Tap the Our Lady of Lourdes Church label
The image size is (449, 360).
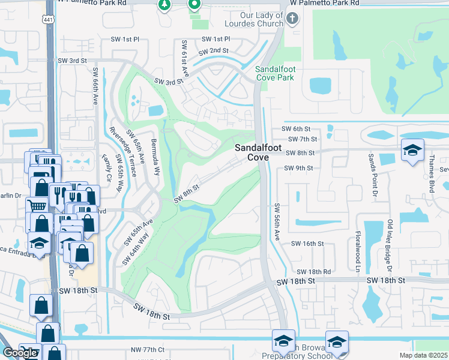coord(261,20)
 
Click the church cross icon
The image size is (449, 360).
coord(292,19)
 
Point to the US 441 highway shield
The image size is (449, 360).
coord(46,20)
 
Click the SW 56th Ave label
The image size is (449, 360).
coord(278,223)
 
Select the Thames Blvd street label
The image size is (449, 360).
coord(431,174)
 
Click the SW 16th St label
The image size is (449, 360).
coord(307,244)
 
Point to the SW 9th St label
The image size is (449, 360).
coord(298,169)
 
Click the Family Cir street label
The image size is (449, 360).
coord(107,169)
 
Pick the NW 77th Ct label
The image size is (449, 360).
coord(147,349)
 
